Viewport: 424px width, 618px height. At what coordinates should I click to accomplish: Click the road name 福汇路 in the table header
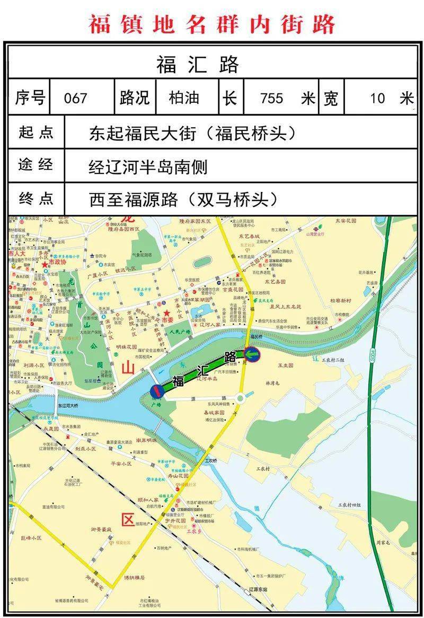click(198, 65)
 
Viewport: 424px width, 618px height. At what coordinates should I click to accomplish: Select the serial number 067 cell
click(75, 98)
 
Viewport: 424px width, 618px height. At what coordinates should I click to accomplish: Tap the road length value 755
click(271, 98)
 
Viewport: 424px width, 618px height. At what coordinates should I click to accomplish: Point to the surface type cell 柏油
click(184, 98)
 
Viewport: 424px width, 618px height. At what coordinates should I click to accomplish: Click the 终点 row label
click(36, 199)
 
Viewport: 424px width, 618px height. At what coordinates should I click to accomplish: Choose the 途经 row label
click(36, 165)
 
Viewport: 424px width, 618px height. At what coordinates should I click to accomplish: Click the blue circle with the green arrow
click(252, 353)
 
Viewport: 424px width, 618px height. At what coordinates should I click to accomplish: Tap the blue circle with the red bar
click(157, 391)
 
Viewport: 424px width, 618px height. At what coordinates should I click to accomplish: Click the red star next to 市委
click(167, 313)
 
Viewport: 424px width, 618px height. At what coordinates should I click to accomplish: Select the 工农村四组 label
click(350, 505)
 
